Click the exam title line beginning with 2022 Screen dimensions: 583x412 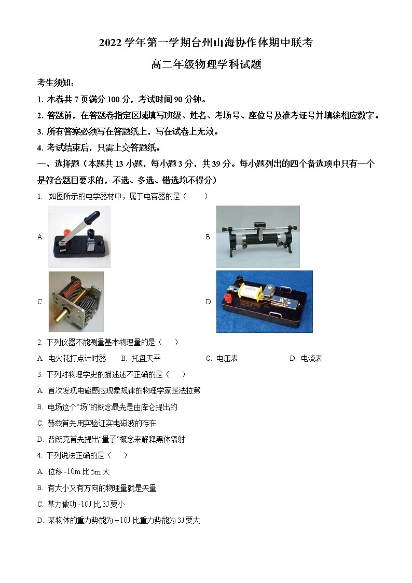point(206,43)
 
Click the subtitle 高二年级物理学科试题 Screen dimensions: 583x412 point(206,65)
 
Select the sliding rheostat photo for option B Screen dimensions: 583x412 point(258,237)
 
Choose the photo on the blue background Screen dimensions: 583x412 point(264,302)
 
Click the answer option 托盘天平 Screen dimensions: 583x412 point(146,358)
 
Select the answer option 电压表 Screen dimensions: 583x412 point(227,358)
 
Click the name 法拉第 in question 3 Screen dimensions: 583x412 point(189,390)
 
